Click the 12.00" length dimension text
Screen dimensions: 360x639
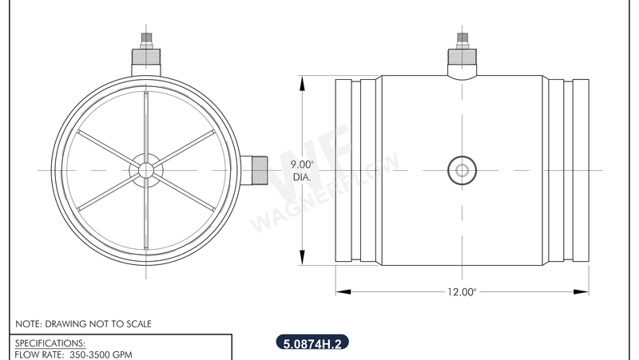click(462, 292)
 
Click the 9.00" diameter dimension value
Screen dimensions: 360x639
click(303, 165)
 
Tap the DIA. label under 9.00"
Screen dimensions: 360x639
click(303, 177)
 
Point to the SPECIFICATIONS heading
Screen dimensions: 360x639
click(50, 343)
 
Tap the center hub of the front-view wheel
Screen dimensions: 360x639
click(145, 169)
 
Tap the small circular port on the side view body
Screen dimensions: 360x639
click(461, 169)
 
